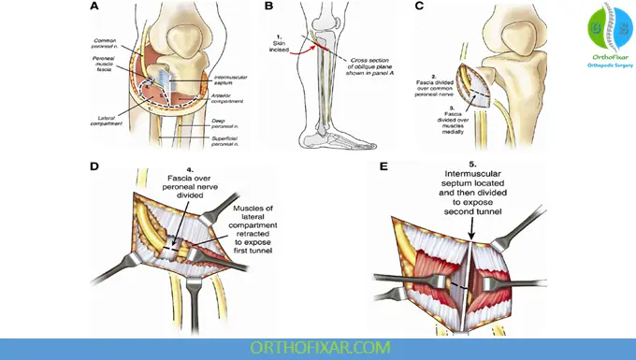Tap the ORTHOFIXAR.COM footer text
click(x=317, y=347)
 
